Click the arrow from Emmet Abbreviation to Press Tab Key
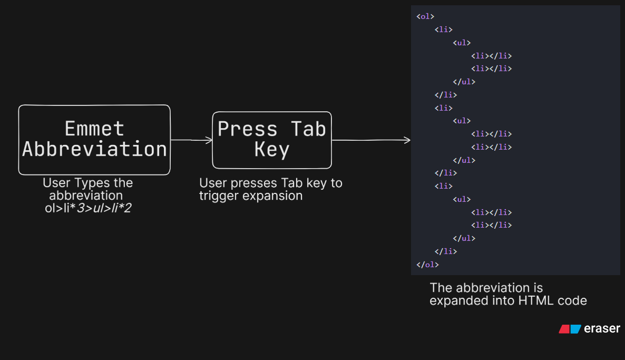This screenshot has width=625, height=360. [191, 140]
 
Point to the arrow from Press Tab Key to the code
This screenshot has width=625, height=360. [371, 140]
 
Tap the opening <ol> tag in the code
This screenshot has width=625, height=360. [425, 16]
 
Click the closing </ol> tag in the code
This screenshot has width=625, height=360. [427, 265]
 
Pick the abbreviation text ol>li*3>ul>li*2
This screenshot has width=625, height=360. [88, 208]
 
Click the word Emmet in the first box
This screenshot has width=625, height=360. [94, 129]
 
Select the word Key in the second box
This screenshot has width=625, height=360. [272, 150]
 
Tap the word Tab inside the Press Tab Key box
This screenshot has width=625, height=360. [308, 129]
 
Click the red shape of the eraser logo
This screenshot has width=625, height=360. [564, 329]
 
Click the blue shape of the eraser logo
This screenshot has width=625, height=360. [575, 329]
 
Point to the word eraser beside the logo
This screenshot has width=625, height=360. [602, 328]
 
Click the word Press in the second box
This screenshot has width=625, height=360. [248, 129]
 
